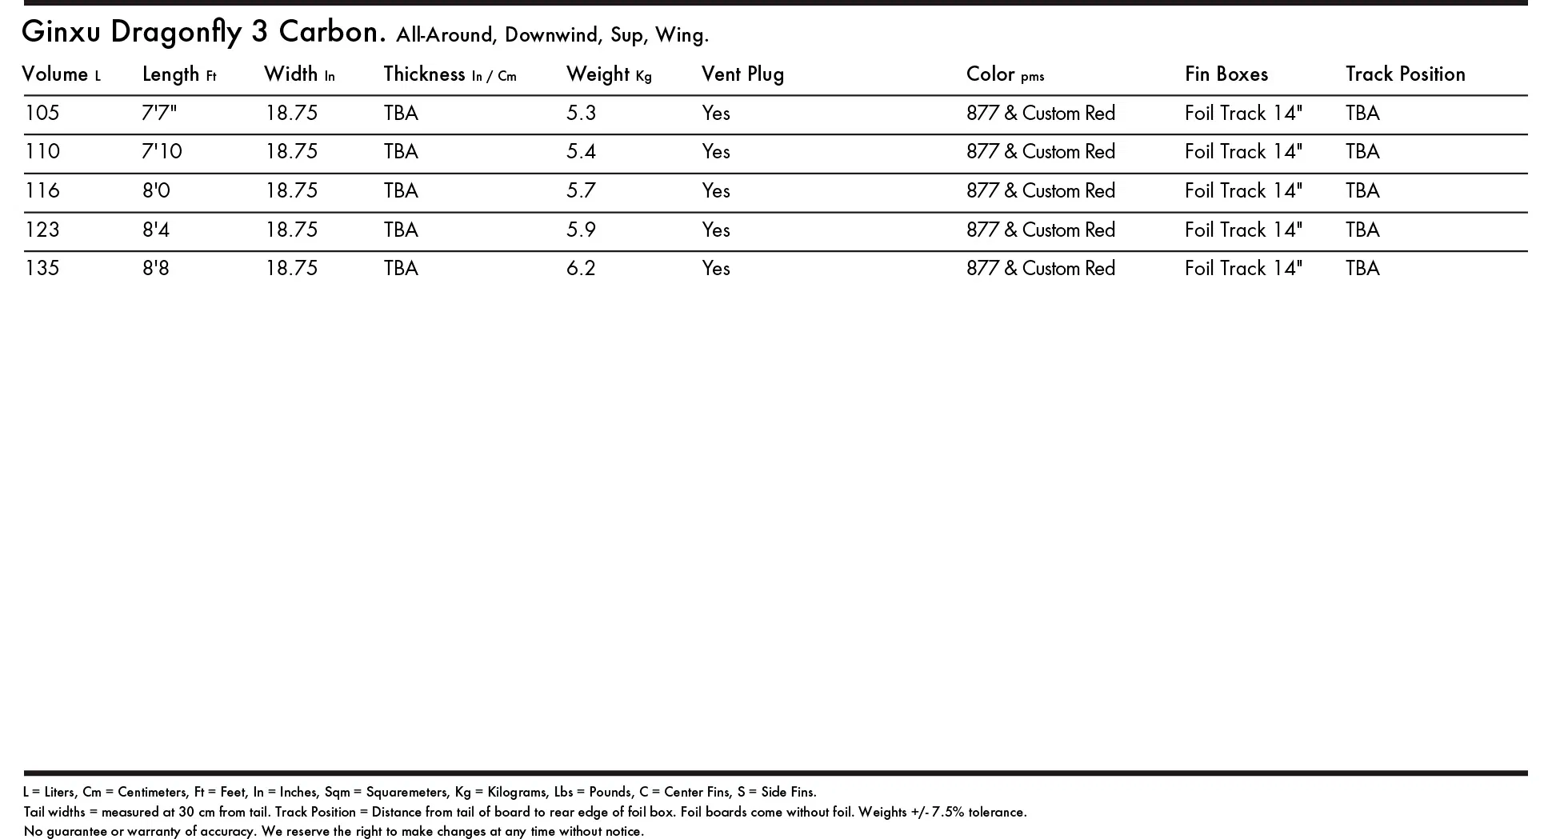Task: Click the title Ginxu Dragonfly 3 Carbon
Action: pos(203,32)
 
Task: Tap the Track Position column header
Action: pos(1405,74)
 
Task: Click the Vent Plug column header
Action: pos(742,74)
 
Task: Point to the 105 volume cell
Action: pos(42,113)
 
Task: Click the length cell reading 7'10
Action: pos(162,151)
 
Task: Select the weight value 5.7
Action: pos(581,190)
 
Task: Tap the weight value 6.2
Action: pos(581,268)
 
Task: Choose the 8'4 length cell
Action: pos(156,230)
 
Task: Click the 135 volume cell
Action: pos(42,268)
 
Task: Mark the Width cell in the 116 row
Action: pos(291,190)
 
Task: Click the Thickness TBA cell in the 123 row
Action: pos(401,230)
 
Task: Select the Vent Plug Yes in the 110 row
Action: pos(716,151)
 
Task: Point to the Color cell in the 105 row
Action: pos(1040,113)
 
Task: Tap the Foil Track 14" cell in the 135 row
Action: pos(1243,268)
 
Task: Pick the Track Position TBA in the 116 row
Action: pos(1362,190)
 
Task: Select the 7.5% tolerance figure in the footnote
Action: pos(947,812)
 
